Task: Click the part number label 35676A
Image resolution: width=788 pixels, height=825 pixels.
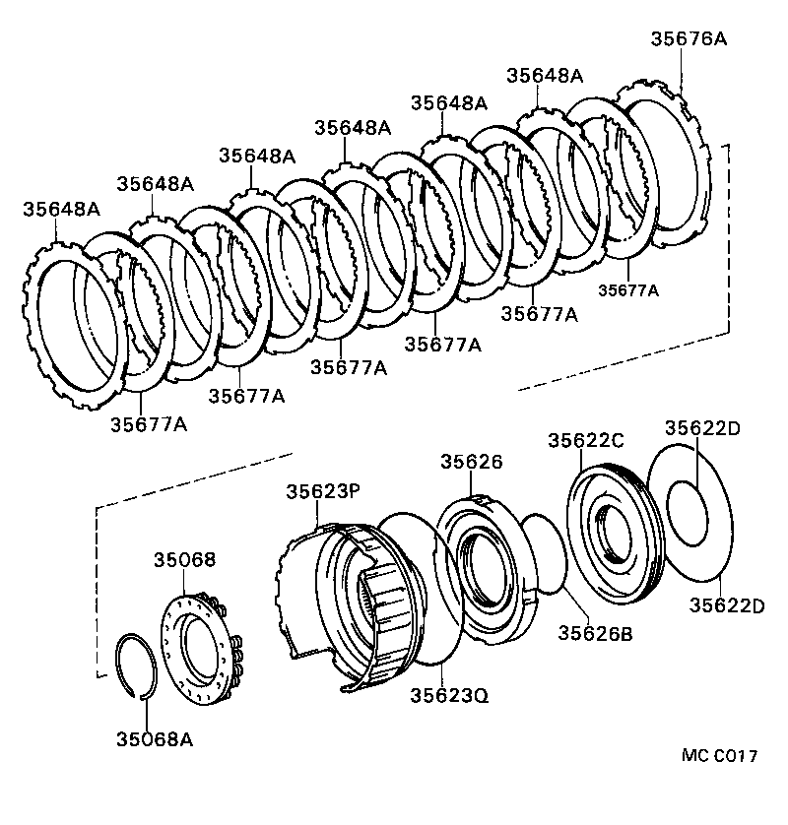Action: point(689,38)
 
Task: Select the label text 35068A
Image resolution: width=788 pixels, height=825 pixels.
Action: point(154,738)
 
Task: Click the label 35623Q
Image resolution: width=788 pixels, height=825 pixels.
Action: point(449,695)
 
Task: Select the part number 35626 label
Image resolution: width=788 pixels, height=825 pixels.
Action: point(472,462)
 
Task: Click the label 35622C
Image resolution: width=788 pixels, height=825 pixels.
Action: point(586,441)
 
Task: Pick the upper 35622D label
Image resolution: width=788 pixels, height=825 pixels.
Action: point(701,428)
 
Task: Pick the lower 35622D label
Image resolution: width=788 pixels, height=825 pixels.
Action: point(726,604)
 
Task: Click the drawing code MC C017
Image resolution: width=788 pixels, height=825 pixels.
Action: point(719,756)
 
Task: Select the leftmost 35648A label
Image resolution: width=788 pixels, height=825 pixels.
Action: point(61,209)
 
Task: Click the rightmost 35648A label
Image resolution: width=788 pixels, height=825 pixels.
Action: point(545,76)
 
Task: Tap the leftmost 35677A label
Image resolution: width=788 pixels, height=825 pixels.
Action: point(149,424)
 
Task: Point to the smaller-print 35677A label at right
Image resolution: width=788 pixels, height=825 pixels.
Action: point(627,289)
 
